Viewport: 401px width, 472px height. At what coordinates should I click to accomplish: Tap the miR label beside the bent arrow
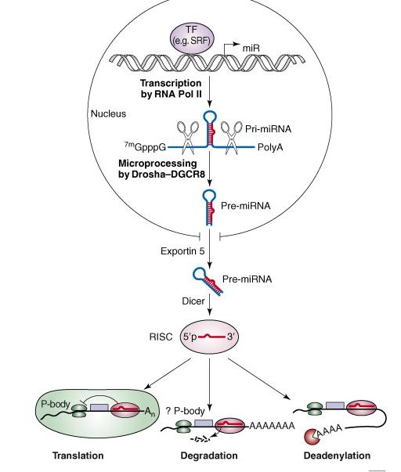click(251, 48)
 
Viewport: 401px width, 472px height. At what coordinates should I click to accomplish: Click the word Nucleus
click(108, 113)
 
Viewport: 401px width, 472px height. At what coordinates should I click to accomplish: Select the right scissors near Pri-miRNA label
click(231, 137)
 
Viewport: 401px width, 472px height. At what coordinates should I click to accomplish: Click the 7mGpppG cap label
click(145, 146)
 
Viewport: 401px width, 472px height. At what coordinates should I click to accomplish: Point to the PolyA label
click(270, 147)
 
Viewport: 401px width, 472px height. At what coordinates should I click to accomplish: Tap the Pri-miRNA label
click(268, 129)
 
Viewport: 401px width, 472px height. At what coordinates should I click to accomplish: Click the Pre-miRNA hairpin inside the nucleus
click(210, 207)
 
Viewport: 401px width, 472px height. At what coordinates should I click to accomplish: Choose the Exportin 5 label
click(182, 250)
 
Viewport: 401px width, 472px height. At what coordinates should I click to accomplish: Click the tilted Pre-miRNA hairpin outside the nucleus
click(208, 280)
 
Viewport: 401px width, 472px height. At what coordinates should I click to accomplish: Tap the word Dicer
click(193, 301)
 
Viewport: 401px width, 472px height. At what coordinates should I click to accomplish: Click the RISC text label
click(161, 337)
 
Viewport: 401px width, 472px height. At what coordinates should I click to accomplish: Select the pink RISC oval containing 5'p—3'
click(210, 337)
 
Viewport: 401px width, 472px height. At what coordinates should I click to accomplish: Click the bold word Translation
click(78, 456)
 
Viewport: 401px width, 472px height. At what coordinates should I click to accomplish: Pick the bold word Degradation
click(209, 456)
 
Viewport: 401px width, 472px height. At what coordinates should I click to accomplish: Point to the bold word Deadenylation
click(337, 456)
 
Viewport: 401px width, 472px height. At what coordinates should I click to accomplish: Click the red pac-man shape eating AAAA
click(312, 436)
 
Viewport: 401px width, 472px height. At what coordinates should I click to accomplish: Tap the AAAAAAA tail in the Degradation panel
click(272, 426)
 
